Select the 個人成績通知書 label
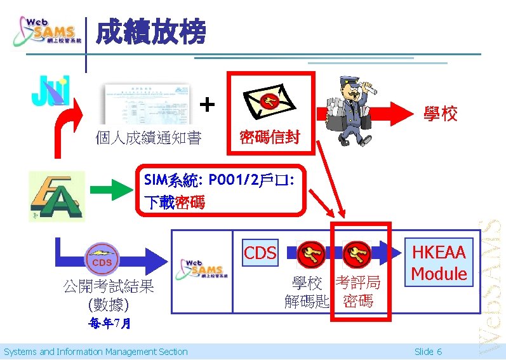coord(148,137)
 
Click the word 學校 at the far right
coord(440,114)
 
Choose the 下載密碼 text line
coord(174,203)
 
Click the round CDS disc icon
coord(102,260)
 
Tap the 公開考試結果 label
coord(108,286)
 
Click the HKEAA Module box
coord(439,263)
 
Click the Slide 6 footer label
coord(428,352)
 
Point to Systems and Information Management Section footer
coord(96,352)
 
